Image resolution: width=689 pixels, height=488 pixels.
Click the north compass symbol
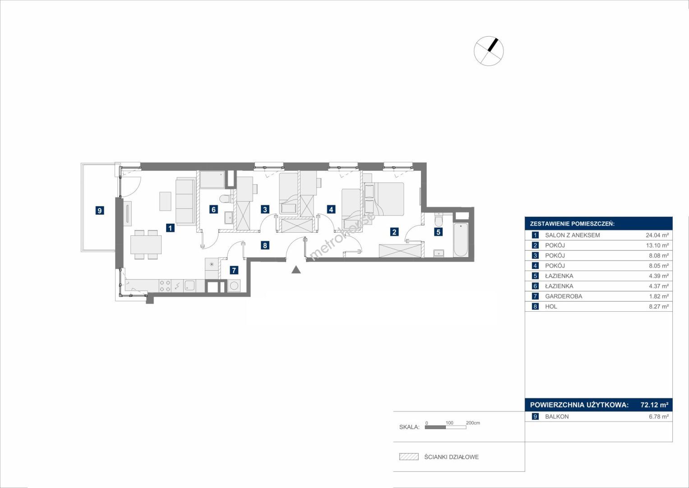[x=489, y=51]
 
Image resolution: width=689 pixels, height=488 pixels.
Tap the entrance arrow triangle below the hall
[x=296, y=270]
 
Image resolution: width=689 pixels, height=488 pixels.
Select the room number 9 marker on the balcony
[x=99, y=211]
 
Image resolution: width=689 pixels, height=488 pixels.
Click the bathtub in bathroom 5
[x=461, y=240]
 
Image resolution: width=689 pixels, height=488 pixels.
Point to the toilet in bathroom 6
[x=227, y=198]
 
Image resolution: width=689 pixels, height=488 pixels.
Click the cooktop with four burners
[x=165, y=286]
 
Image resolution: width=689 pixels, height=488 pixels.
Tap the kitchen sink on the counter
[x=190, y=286]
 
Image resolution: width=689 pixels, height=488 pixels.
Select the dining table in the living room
[x=146, y=244]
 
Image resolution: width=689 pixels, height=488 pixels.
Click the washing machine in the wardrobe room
[x=234, y=286]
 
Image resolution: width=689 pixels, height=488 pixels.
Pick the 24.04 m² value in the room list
[x=657, y=235]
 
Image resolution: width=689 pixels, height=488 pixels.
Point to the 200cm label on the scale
[x=473, y=422]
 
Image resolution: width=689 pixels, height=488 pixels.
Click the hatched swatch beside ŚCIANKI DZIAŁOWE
[x=409, y=456]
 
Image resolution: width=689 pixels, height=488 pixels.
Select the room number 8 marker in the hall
[x=265, y=245]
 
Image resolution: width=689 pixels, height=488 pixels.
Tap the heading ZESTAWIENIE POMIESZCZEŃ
[x=572, y=224]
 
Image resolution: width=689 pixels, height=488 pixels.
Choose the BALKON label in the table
[x=557, y=417]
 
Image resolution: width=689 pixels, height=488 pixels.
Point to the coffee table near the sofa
[x=165, y=201]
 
